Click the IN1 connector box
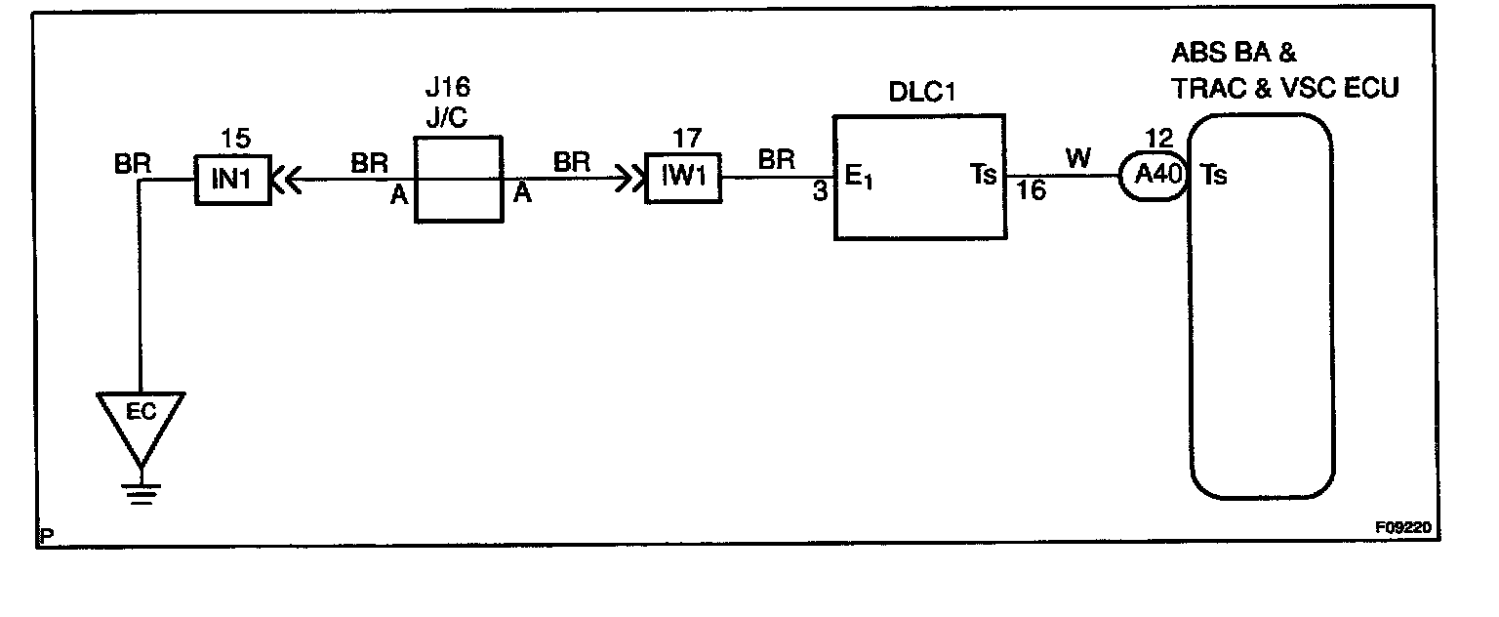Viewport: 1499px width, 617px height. click(232, 180)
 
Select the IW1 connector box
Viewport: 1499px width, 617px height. click(683, 180)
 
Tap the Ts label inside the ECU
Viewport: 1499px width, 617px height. click(1213, 176)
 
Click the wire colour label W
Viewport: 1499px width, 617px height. click(1078, 158)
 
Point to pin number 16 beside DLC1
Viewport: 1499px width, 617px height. click(1031, 192)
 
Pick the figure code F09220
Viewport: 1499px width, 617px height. click(1406, 526)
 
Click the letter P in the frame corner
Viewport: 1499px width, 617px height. click(47, 535)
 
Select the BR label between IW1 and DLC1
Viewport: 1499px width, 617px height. click(775, 160)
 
